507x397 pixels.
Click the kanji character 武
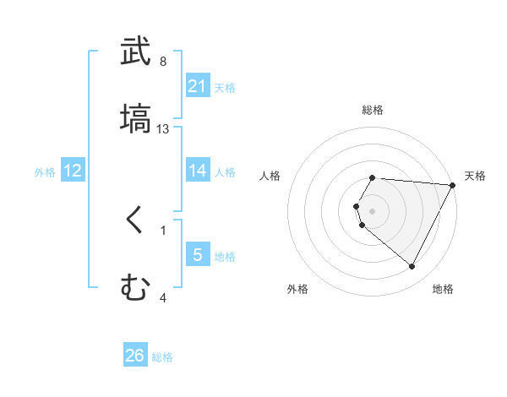(136, 52)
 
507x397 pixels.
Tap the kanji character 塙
(136, 118)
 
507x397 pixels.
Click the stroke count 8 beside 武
(163, 62)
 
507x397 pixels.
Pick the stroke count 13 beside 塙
(163, 128)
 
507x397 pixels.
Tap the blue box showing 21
(198, 86)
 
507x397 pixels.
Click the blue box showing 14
(198, 171)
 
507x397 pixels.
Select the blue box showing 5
(198, 254)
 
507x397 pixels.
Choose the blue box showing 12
(73, 171)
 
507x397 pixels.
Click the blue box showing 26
(135, 356)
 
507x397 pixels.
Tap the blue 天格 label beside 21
(225, 87)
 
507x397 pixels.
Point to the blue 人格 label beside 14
(225, 171)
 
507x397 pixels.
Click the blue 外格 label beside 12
(45, 171)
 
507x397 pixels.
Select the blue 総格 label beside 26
(162, 356)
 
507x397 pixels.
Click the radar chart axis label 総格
(373, 111)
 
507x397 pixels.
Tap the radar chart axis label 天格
(476, 176)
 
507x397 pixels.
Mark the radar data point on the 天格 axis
(454, 184)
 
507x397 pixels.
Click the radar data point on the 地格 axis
(412, 267)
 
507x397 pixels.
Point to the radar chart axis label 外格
(297, 289)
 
